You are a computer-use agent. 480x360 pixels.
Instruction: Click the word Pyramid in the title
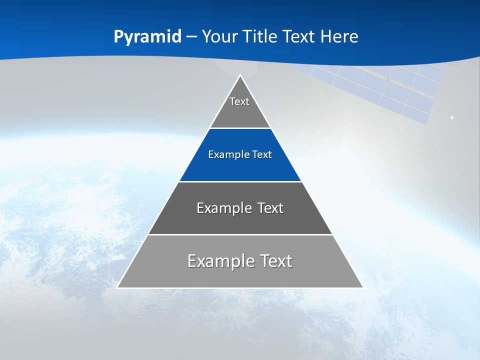147,37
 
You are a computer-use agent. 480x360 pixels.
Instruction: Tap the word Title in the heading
262,36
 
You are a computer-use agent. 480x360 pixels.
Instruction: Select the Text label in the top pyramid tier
239,101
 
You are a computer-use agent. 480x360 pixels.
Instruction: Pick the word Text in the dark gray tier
270,208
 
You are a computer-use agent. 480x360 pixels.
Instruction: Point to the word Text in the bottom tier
276,261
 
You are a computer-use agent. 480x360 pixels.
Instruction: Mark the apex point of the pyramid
240,75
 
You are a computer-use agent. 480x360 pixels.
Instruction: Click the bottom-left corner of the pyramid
117,287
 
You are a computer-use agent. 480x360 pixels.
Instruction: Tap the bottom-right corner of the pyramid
362,287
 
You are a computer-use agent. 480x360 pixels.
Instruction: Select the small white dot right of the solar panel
451,118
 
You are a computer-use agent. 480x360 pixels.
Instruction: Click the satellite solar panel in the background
390,90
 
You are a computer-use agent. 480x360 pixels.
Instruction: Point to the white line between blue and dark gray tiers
240,181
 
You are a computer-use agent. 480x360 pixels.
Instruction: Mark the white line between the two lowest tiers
240,234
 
